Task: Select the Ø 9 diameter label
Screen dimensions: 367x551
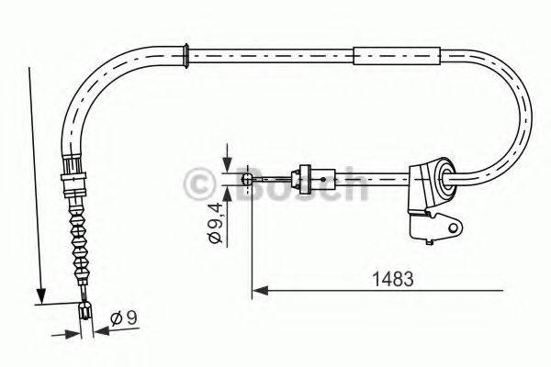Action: pos(126,317)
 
